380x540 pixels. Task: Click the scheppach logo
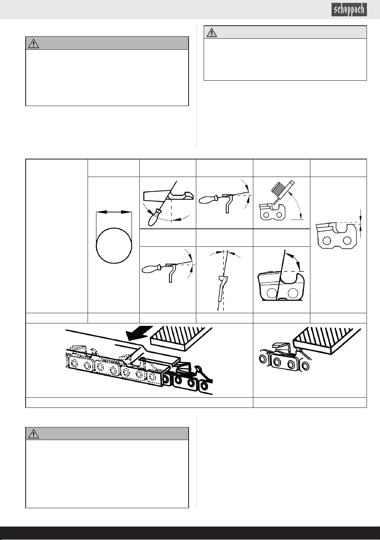[x=349, y=10]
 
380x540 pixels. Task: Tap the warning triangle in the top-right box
[x=212, y=33]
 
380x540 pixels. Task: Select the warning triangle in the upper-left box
[x=33, y=44]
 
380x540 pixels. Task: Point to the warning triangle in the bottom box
[x=33, y=434]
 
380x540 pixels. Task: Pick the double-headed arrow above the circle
[x=114, y=212]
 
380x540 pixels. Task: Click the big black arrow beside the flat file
[x=139, y=333]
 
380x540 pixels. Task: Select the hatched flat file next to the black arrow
[x=181, y=338]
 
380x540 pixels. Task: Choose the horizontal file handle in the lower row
[x=152, y=268]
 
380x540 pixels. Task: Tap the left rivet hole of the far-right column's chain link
[x=327, y=241]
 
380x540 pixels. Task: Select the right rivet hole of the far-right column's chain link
[x=347, y=241]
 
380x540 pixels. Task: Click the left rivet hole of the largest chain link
[x=272, y=293]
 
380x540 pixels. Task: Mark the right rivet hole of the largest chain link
[x=293, y=293]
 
